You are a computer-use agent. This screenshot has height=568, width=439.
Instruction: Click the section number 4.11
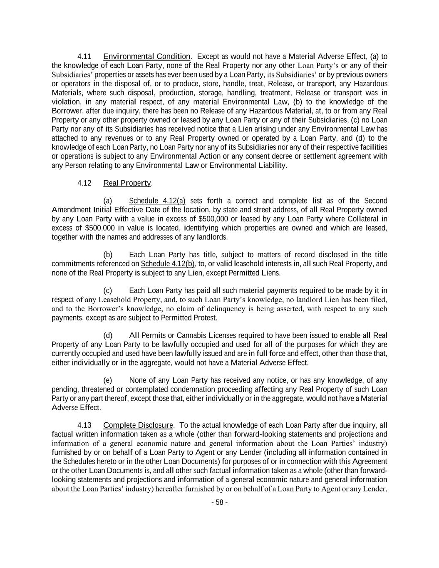(84, 56)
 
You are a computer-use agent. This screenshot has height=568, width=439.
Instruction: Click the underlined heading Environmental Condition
(146, 56)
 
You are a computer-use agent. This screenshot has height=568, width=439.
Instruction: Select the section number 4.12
(84, 183)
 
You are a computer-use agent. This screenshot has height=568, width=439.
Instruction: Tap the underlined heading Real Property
(127, 183)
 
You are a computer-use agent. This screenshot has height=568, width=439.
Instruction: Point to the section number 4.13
(84, 425)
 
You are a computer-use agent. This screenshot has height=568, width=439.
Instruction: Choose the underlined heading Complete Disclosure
(138, 425)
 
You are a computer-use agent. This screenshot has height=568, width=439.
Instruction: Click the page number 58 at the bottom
(219, 502)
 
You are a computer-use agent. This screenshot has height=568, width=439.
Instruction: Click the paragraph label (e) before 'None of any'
(108, 380)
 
